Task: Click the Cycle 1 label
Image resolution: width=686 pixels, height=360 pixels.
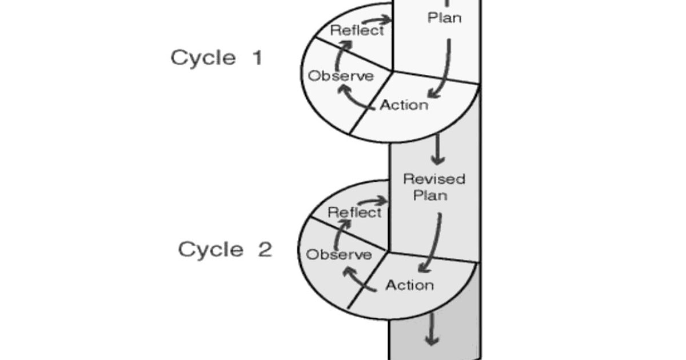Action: point(216,58)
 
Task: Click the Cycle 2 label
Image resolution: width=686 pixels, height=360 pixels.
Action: point(225,250)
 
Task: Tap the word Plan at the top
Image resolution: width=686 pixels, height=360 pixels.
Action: point(444,18)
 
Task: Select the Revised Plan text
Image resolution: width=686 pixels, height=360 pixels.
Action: point(434,187)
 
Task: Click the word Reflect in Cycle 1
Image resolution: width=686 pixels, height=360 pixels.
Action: point(357,31)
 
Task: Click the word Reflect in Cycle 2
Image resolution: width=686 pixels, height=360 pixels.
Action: point(354,213)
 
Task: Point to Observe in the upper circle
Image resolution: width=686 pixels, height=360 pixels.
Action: point(341,76)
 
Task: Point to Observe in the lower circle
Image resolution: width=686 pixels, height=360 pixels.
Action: point(338,255)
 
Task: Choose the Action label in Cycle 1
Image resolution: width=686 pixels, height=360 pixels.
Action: point(404,105)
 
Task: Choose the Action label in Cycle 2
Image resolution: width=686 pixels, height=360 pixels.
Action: point(409,285)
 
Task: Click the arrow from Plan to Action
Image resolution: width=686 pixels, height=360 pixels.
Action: point(443,69)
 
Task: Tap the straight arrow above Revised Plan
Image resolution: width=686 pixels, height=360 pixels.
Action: point(438,149)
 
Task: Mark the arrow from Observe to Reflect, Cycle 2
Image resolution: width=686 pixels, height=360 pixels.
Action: point(341,233)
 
